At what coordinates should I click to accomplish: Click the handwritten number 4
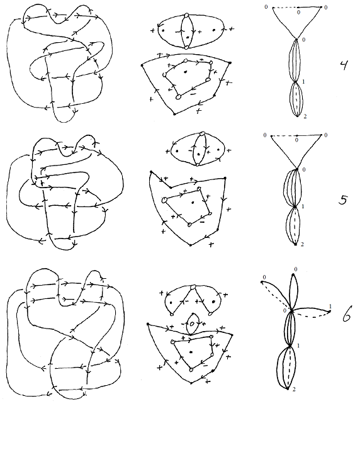tap(344, 65)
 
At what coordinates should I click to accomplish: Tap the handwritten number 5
tap(343, 200)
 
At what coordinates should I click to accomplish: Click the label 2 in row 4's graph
tap(305, 116)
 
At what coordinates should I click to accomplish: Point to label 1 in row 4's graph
tap(303, 81)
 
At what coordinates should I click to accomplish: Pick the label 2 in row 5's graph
tap(302, 244)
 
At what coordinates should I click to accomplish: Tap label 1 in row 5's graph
tap(303, 206)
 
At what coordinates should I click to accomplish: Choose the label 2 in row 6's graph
tap(294, 389)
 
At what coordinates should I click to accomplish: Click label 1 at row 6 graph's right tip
tap(330, 307)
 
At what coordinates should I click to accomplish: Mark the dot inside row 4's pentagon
tap(186, 72)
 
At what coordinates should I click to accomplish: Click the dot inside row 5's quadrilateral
tap(193, 203)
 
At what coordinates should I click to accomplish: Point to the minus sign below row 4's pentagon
tap(193, 94)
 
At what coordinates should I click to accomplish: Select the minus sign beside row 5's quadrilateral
tap(202, 222)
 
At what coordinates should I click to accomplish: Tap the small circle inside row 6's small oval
tap(192, 324)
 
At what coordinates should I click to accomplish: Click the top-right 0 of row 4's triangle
tap(326, 8)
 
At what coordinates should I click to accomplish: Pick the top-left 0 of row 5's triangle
tap(265, 135)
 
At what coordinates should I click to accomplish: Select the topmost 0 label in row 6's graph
tap(296, 269)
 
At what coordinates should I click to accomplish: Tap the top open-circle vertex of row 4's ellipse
tap(187, 15)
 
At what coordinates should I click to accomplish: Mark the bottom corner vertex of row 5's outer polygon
tap(191, 245)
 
